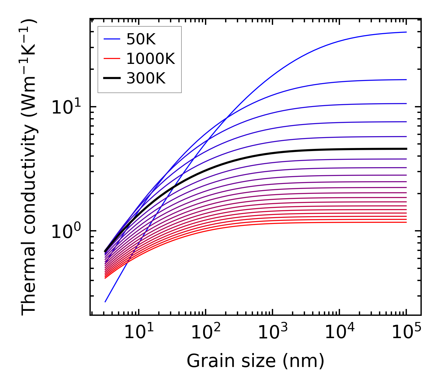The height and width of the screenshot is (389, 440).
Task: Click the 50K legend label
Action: [x=141, y=39]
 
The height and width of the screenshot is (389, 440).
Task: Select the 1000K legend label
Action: [x=150, y=59]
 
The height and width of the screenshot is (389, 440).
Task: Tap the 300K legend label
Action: [x=146, y=79]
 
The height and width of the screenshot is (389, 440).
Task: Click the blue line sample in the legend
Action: [x=111, y=39]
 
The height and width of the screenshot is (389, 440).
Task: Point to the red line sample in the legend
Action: [x=111, y=59]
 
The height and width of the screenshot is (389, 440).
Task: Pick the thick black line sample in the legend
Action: [x=111, y=78]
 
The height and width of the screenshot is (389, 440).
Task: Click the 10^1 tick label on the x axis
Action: [x=138, y=333]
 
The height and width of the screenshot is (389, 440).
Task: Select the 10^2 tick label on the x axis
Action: [x=206, y=333]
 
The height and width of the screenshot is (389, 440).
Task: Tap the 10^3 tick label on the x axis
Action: [x=272, y=333]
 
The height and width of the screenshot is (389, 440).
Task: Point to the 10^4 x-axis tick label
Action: [x=339, y=333]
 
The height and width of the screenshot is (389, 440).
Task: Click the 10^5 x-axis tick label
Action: [x=406, y=333]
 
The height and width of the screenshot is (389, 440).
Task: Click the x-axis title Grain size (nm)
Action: [x=255, y=361]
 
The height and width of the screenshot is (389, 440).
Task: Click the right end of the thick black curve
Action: [x=406, y=149]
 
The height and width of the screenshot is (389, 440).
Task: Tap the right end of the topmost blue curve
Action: [x=406, y=32]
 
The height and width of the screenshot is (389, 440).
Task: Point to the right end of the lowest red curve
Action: [x=406, y=222]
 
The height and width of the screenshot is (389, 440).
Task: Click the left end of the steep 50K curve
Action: [x=105, y=302]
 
